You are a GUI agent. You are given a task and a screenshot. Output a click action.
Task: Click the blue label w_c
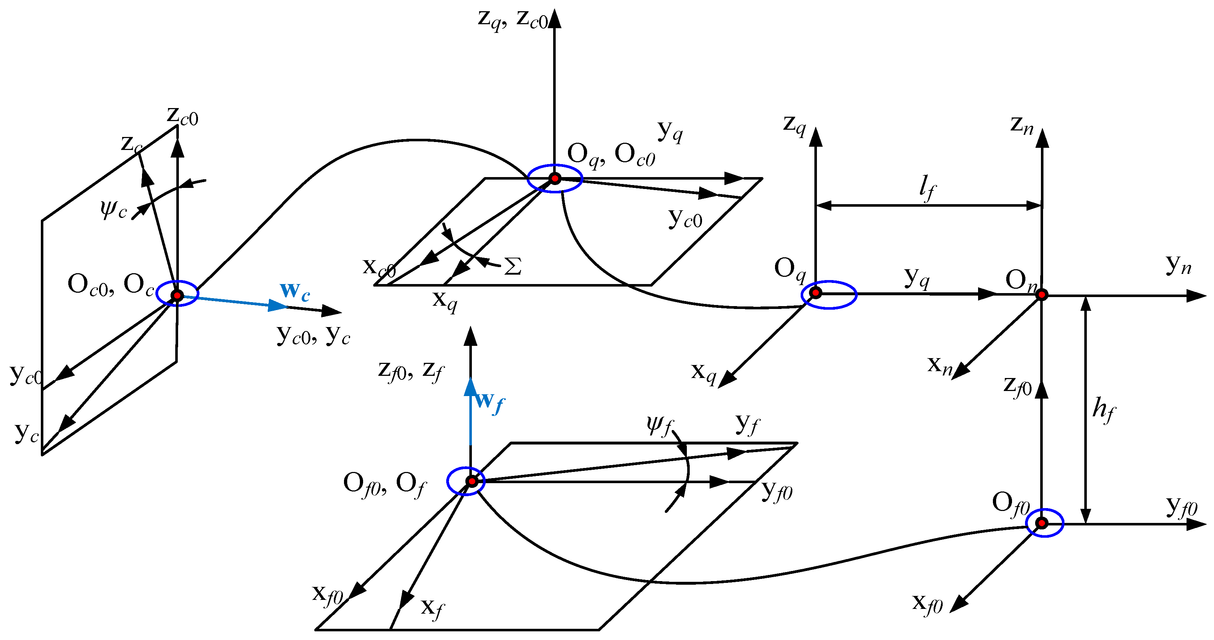[294, 291]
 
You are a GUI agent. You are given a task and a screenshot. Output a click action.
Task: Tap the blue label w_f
[489, 401]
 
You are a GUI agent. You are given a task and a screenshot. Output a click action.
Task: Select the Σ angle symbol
[513, 266]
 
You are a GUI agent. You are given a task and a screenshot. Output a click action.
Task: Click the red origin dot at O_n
[1042, 295]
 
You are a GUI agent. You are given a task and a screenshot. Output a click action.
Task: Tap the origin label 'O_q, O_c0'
[611, 155]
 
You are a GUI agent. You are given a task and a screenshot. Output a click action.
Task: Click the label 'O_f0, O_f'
[384, 484]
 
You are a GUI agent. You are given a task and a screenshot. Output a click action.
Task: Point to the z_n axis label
[1022, 125]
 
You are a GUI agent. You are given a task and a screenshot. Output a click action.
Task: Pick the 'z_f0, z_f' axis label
[410, 370]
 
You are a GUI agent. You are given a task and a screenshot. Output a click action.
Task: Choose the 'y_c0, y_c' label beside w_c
[313, 335]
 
